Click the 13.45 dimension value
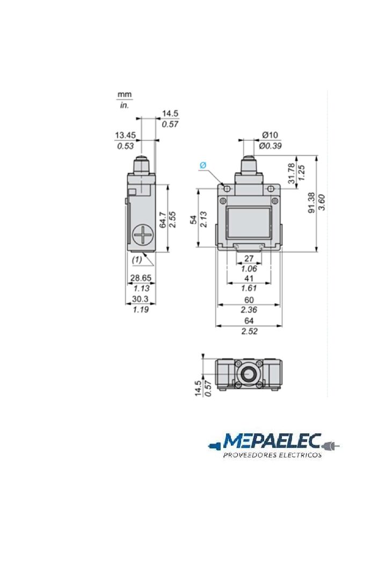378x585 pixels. pyautogui.click(x=125, y=135)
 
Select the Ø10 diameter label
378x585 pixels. pyautogui.click(x=270, y=134)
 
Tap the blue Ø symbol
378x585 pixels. pyautogui.click(x=203, y=165)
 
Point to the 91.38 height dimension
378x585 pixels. pyautogui.click(x=311, y=203)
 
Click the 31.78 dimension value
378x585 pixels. pyautogui.click(x=292, y=173)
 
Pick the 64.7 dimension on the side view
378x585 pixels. pyautogui.click(x=162, y=220)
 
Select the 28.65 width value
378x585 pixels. pyautogui.click(x=141, y=277)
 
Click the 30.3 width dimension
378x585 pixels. pyautogui.click(x=140, y=299)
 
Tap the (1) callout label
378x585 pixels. pyautogui.click(x=137, y=259)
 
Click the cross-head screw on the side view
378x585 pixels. pyautogui.click(x=143, y=235)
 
